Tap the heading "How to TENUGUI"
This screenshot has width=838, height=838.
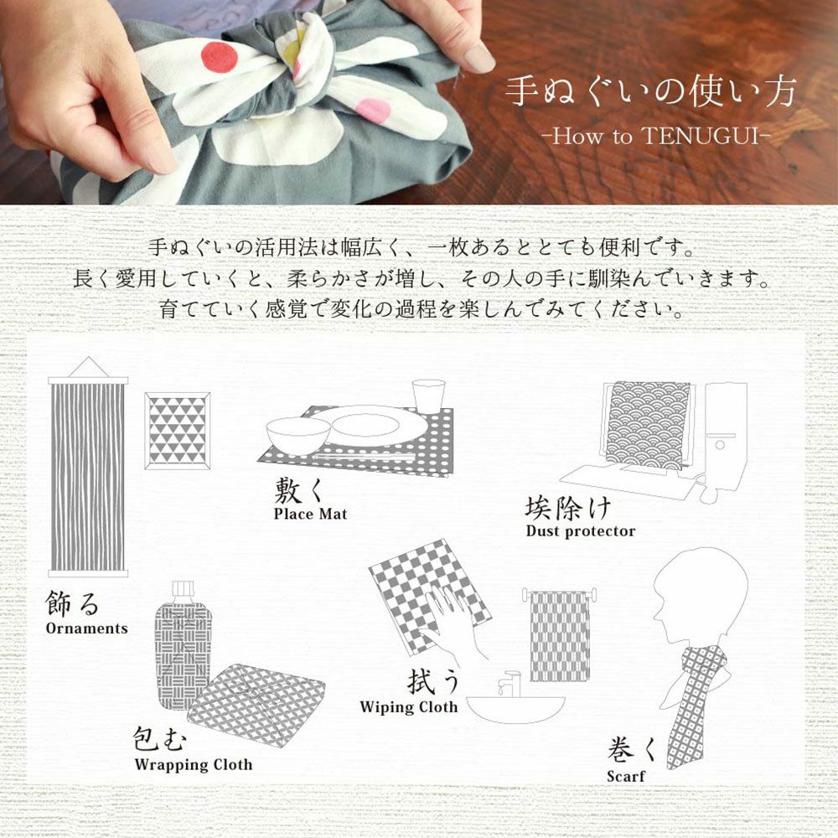click(x=655, y=136)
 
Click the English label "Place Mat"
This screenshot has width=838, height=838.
click(x=311, y=515)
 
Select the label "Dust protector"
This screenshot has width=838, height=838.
click(x=581, y=530)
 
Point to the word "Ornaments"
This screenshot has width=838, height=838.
click(x=87, y=628)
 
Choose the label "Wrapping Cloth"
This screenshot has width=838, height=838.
click(x=194, y=764)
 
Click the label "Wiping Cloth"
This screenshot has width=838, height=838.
click(x=409, y=706)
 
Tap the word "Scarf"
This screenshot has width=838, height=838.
click(x=625, y=776)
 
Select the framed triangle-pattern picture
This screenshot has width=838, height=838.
click(x=178, y=431)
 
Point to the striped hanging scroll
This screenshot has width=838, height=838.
click(x=88, y=471)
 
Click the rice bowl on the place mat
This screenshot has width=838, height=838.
click(x=297, y=435)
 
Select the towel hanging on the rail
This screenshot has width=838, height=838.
click(x=560, y=636)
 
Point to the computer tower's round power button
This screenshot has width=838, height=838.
click(x=719, y=444)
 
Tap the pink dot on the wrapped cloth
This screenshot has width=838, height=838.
click(x=374, y=110)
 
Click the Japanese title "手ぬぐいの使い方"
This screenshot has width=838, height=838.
click(x=650, y=91)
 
